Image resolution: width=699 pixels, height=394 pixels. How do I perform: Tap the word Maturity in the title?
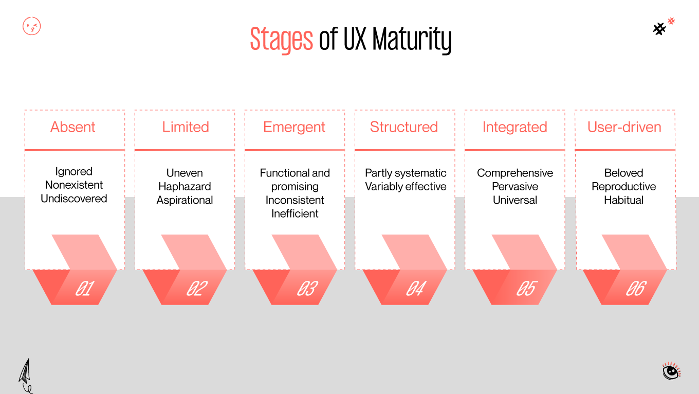coord(412,40)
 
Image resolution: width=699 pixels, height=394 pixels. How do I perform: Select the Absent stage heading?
coord(73,127)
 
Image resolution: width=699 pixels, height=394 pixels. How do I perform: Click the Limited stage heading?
coord(186,127)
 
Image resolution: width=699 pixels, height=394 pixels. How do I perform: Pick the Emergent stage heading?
coord(294,127)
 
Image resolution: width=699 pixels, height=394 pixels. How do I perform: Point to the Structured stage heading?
coord(404,127)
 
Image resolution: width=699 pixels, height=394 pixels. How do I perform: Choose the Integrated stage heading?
coord(514,127)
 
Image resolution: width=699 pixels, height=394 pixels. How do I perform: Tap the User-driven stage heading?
coord(624,127)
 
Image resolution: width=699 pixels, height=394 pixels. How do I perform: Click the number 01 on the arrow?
coord(84,289)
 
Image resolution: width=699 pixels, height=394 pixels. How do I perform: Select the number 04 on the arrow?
coord(415,289)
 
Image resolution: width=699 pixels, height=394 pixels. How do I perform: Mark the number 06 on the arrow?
coord(635,289)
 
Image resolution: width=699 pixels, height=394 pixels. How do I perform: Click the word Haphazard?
coord(185,187)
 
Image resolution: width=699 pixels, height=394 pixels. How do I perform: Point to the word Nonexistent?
coord(74,185)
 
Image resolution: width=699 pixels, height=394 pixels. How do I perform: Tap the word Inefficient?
coord(295,213)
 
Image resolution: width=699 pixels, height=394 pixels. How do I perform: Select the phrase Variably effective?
coord(406,187)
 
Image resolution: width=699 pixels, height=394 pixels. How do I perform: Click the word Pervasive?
coord(515,187)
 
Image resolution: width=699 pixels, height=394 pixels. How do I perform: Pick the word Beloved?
coord(623,173)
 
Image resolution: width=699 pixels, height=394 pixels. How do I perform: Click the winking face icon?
coord(32,26)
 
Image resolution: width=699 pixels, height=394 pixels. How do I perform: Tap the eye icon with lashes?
coord(671,371)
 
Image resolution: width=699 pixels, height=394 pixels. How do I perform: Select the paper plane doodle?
coord(25,374)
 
